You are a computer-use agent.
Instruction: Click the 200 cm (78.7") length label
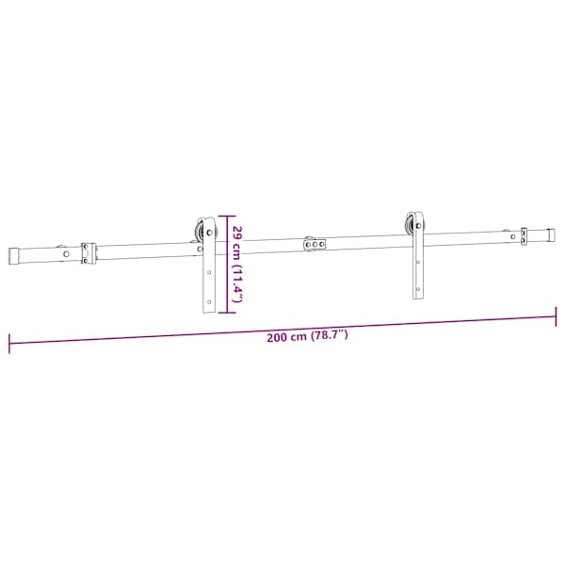[x=307, y=336]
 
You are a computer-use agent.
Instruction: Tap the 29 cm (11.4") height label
[x=238, y=264]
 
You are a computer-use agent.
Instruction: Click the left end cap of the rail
[x=14, y=256]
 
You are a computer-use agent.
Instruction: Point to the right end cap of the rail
[x=551, y=235]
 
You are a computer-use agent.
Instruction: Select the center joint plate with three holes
[x=315, y=244]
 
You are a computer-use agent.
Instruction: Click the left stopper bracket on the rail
[x=89, y=253]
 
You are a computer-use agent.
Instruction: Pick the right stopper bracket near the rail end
[x=524, y=236]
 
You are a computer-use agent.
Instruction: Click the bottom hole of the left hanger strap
[x=209, y=302]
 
